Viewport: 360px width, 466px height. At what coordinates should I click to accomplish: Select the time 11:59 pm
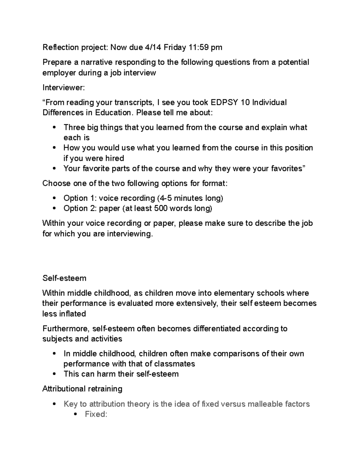[x=205, y=47]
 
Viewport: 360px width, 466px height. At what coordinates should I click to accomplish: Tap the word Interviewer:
[x=64, y=88]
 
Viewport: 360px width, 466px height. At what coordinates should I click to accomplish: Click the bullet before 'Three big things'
[x=54, y=128]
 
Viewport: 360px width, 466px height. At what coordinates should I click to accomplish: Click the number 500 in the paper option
[x=160, y=209]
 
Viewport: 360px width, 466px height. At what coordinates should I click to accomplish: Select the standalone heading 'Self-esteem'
[x=64, y=278]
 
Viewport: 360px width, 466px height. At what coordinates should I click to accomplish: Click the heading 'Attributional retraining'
[x=82, y=389]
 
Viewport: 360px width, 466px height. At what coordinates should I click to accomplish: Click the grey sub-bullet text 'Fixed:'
[x=96, y=414]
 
